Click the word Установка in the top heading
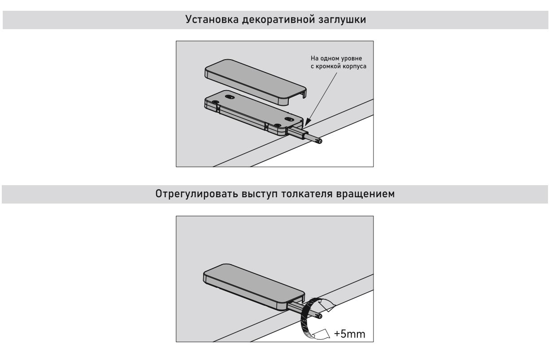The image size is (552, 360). [206, 21]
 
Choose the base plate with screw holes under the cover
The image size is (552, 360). [251, 113]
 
